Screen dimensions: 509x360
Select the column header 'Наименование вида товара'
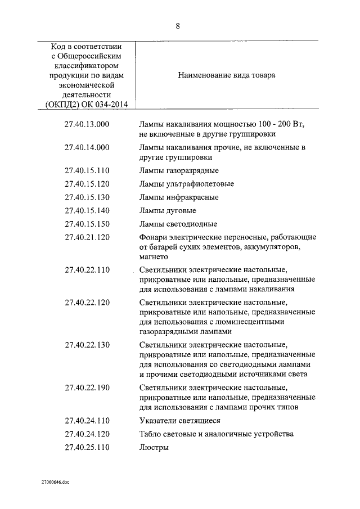[x=227, y=75]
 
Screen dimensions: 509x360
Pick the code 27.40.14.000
[x=87, y=147]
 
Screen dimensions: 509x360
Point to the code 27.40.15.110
[x=87, y=170]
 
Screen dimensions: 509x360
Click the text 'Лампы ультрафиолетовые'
[x=186, y=184]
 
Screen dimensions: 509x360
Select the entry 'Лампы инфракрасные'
[x=179, y=197]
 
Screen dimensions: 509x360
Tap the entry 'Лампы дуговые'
[x=168, y=211]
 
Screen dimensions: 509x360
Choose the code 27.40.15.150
[x=87, y=224]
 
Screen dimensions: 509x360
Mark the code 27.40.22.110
[x=87, y=269]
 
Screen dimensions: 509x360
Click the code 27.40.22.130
[x=87, y=345]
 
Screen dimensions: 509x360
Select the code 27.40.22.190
[x=87, y=388]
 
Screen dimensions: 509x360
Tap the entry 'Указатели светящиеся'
[x=179, y=421]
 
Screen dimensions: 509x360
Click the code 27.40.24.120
[x=87, y=434]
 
